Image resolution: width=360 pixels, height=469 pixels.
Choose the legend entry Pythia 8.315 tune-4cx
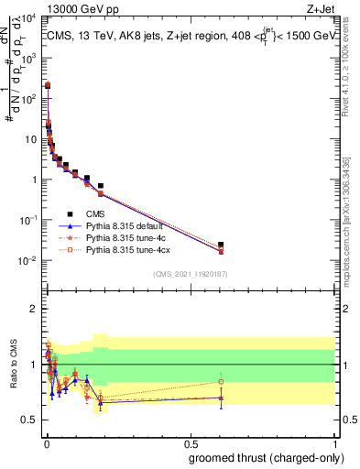click(129, 249)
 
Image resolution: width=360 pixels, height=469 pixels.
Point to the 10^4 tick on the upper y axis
click(27, 18)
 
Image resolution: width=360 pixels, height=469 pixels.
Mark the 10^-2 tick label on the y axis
click(27, 260)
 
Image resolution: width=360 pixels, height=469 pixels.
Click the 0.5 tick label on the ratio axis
click(29, 420)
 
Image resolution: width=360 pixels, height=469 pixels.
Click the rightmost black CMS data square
click(220, 245)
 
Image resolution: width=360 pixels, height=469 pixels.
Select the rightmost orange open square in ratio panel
click(220, 381)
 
